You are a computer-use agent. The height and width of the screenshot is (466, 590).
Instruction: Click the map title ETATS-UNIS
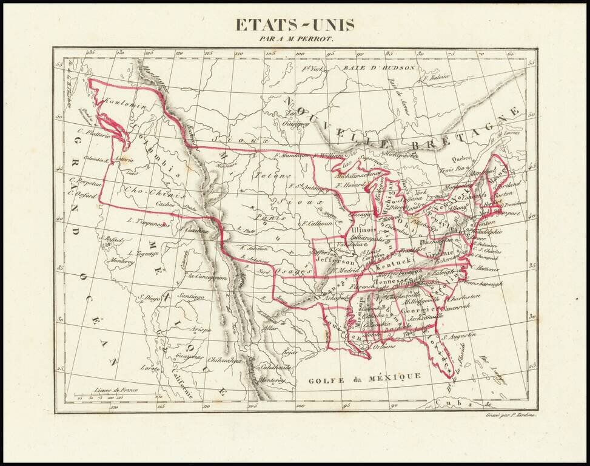point(295,25)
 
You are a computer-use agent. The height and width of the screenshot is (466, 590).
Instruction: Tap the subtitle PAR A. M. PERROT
point(295,39)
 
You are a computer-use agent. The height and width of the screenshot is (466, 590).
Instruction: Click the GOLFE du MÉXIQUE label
point(364,377)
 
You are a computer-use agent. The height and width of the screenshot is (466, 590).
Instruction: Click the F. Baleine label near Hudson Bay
point(437,77)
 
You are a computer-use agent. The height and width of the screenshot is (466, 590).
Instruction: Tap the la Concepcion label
point(207,277)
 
